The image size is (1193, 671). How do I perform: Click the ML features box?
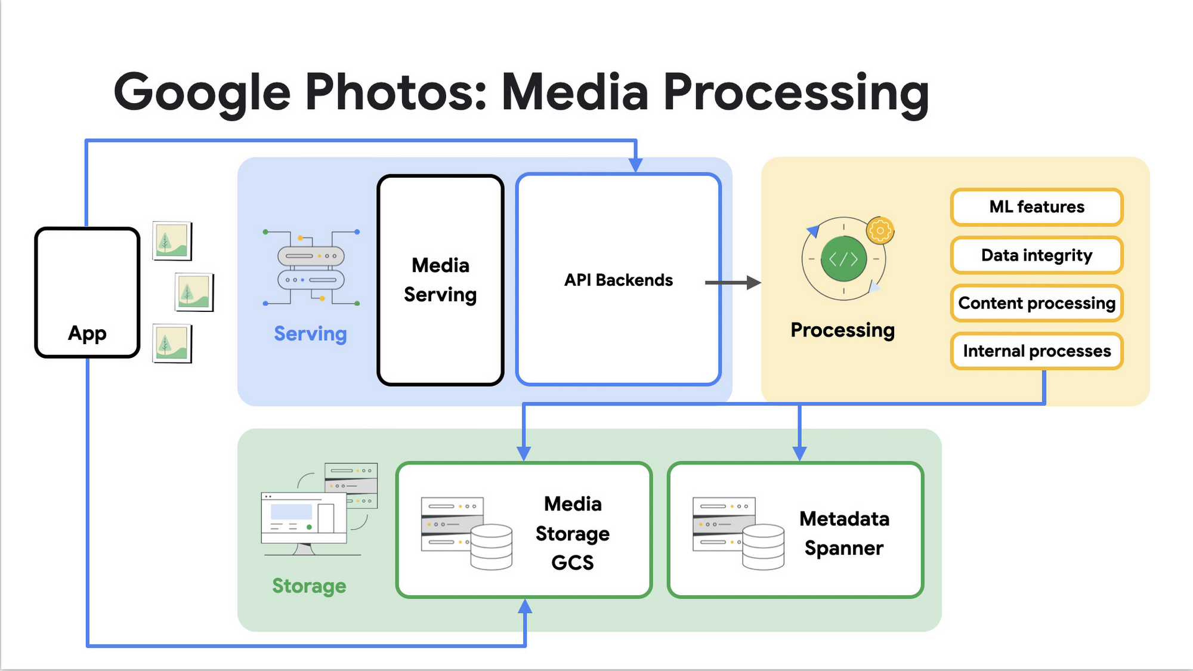[1037, 207]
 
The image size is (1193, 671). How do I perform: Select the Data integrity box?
[1037, 255]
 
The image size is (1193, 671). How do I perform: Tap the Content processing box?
[1037, 303]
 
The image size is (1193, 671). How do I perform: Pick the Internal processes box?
[1037, 351]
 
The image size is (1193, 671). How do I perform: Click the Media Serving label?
[440, 280]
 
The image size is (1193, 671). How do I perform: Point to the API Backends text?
[619, 280]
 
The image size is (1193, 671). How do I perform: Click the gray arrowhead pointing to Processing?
[754, 283]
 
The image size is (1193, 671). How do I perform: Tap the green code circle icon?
[843, 259]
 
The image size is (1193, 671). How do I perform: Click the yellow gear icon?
[880, 230]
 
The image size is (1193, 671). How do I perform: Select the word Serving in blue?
[310, 333]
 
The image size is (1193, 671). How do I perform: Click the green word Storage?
[309, 586]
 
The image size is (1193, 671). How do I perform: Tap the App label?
[87, 333]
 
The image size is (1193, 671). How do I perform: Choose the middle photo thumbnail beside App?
[194, 292]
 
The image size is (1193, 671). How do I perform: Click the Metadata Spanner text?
[844, 533]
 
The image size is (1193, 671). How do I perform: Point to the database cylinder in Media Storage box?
[491, 546]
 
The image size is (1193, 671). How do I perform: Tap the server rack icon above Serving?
[311, 268]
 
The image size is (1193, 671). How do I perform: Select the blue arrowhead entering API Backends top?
[636, 165]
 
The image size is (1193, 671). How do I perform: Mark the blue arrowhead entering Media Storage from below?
[525, 607]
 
